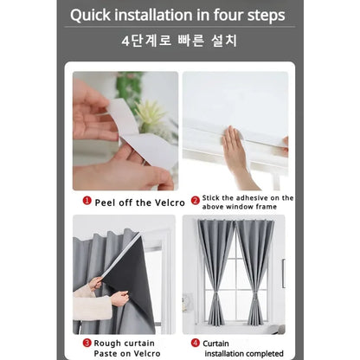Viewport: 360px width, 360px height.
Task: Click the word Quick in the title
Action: point(95,15)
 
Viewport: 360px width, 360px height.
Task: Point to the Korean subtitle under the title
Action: point(179,41)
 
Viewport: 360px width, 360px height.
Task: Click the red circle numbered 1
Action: point(87,200)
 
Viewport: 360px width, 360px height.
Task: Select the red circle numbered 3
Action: point(87,343)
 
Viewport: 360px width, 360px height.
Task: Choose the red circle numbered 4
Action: point(196,343)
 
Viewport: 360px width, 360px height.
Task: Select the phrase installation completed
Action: point(244,353)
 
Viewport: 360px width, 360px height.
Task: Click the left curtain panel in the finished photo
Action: point(214,268)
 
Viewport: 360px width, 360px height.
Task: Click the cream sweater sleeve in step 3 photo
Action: point(91,307)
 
